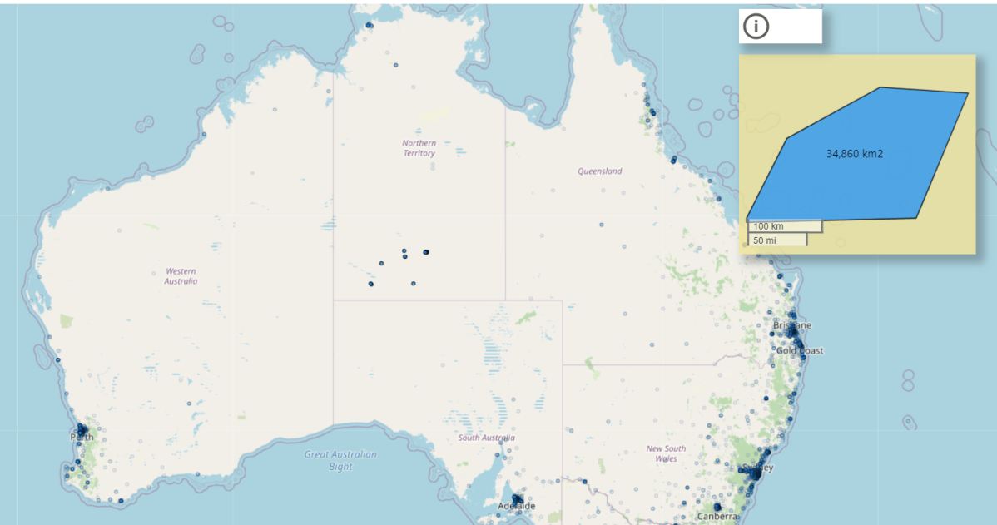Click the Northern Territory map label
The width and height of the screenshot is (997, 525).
(419, 148)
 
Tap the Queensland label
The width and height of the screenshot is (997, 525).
(599, 171)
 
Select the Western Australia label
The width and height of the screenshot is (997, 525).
(181, 276)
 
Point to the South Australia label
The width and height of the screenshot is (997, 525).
(486, 438)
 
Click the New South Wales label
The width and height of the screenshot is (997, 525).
(666, 453)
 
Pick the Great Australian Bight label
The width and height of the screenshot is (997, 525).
(340, 460)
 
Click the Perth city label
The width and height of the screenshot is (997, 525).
(82, 437)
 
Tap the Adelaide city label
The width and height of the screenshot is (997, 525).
(516, 506)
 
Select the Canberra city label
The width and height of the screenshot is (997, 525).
(717, 516)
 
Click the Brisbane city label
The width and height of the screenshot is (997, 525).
(792, 325)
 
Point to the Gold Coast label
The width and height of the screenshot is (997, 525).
(800, 350)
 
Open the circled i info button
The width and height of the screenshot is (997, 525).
(756, 27)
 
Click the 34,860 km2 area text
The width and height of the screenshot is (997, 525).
(855, 154)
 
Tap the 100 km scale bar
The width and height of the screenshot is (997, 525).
(786, 226)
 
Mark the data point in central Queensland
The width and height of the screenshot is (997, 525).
(601, 225)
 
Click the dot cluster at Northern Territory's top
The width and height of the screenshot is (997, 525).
(369, 25)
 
